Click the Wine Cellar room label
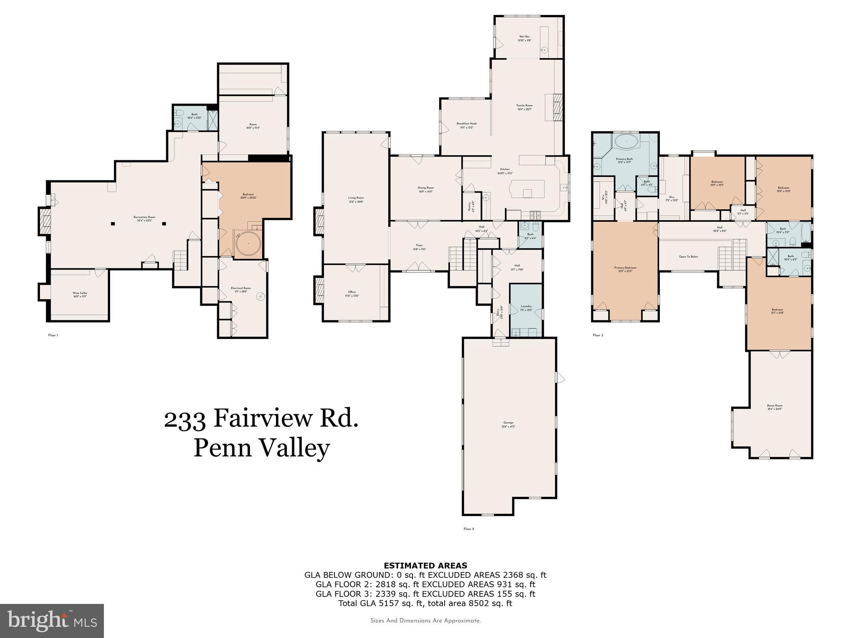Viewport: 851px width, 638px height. (x=80, y=294)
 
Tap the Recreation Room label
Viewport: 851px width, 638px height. (x=144, y=218)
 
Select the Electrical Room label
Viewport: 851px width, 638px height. (x=241, y=290)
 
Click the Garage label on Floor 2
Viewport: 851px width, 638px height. (x=509, y=424)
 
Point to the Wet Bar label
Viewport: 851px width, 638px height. (x=524, y=38)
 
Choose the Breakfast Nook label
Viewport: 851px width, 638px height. (x=467, y=125)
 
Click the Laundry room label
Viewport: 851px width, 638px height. (x=526, y=308)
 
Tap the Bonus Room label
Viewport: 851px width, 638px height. (x=775, y=407)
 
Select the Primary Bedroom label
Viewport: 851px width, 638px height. (x=625, y=269)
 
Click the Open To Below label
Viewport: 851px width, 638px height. (x=688, y=257)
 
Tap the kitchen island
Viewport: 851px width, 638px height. (x=527, y=189)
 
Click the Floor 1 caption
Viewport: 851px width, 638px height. (x=53, y=335)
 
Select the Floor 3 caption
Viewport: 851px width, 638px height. (x=598, y=335)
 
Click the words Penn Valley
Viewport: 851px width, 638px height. (x=261, y=449)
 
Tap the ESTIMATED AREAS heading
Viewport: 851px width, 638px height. (x=425, y=565)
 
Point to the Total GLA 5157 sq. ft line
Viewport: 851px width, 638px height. (x=425, y=604)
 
